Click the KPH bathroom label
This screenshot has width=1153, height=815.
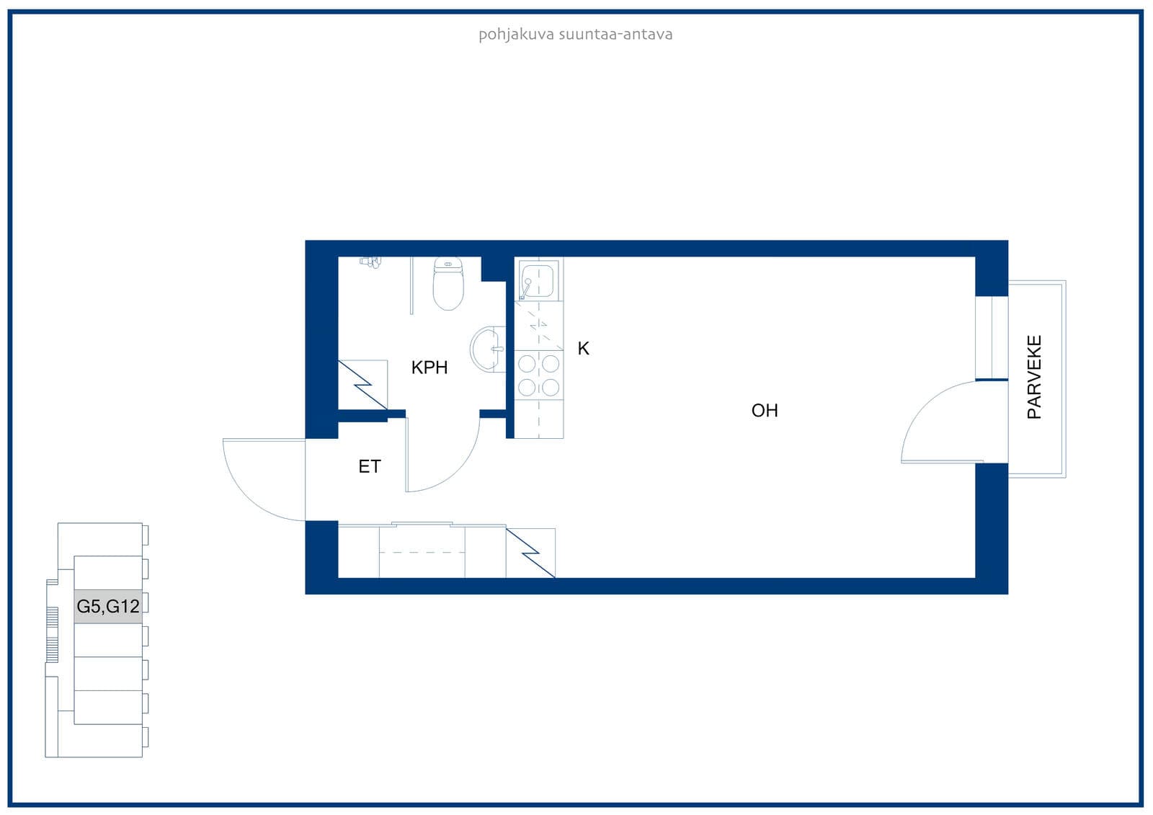pyautogui.click(x=429, y=368)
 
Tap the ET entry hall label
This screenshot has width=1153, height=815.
pyautogui.click(x=370, y=466)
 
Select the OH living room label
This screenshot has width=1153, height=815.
pyautogui.click(x=765, y=410)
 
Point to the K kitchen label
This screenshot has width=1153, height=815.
pyautogui.click(x=583, y=349)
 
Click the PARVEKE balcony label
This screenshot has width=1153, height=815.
pyautogui.click(x=1034, y=377)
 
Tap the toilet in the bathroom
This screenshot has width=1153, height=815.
pyautogui.click(x=448, y=284)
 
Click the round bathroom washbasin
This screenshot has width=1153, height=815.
pyautogui.click(x=487, y=349)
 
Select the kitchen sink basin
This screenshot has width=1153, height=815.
pyautogui.click(x=538, y=280)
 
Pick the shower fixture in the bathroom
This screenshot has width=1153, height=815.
pyautogui.click(x=370, y=262)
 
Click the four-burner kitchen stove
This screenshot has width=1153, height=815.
pyautogui.click(x=539, y=376)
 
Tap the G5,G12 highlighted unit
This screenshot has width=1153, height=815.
pyautogui.click(x=108, y=607)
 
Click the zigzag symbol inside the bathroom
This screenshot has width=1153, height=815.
pyautogui.click(x=362, y=385)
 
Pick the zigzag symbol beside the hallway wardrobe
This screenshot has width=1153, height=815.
pyautogui.click(x=530, y=553)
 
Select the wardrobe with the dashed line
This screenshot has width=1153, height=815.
pyautogui.click(x=422, y=552)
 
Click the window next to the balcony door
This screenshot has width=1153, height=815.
pyautogui.click(x=992, y=338)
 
